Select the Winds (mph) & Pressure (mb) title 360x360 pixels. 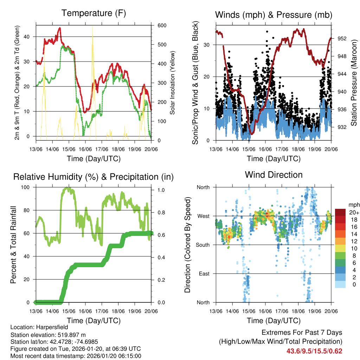pos(274,15)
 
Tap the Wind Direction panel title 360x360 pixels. pos(274,175)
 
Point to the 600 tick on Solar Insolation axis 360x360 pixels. pos(157,26)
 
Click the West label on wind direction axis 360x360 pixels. pos(203,216)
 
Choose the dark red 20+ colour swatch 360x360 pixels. pos(340,212)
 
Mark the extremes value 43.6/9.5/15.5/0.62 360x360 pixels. pos(314,351)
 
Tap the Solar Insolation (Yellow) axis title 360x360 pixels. pos(173,83)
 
